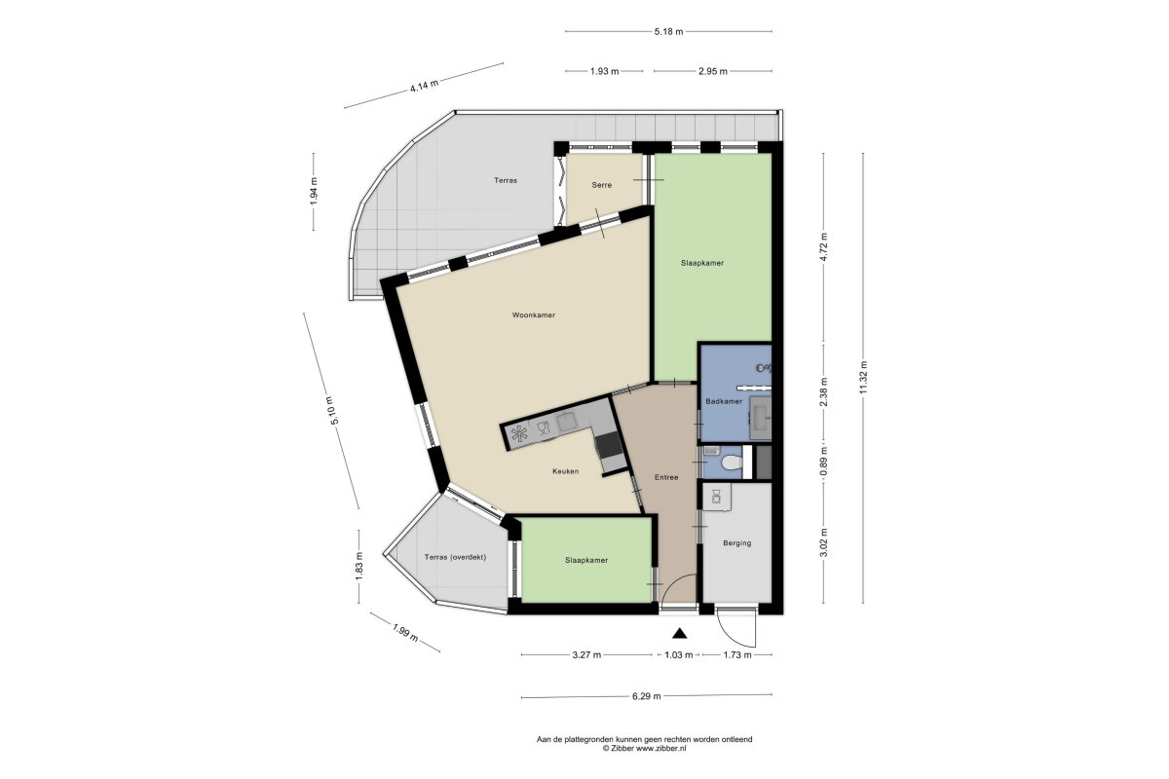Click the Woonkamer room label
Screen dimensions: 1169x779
[534, 315]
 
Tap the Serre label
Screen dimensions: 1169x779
[601, 185]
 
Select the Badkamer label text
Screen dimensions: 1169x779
[723, 401]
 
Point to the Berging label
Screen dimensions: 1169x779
[736, 542]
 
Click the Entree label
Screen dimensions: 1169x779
[666, 477]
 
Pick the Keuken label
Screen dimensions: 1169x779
[566, 471]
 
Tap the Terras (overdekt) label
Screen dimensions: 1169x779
[455, 557]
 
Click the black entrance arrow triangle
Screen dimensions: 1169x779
[679, 633]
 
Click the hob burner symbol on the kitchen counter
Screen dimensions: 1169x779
[518, 434]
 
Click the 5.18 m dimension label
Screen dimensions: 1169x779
[668, 31]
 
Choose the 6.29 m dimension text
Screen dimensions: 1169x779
[647, 695]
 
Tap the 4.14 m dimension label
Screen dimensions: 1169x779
[424, 86]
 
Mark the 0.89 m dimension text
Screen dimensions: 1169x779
[823, 463]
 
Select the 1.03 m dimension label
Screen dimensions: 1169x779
[678, 654]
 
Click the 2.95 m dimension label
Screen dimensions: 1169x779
[713, 71]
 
